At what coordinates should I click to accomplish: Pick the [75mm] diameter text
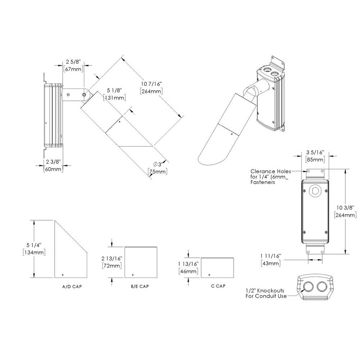click(x=158, y=172)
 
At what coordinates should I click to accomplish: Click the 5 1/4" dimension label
click(x=33, y=245)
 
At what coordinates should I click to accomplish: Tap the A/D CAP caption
click(x=71, y=287)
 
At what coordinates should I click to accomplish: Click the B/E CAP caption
click(x=140, y=287)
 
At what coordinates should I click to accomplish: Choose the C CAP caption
click(x=218, y=286)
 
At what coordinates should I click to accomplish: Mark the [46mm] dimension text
click(x=188, y=271)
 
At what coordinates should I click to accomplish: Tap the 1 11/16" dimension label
click(x=270, y=256)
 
